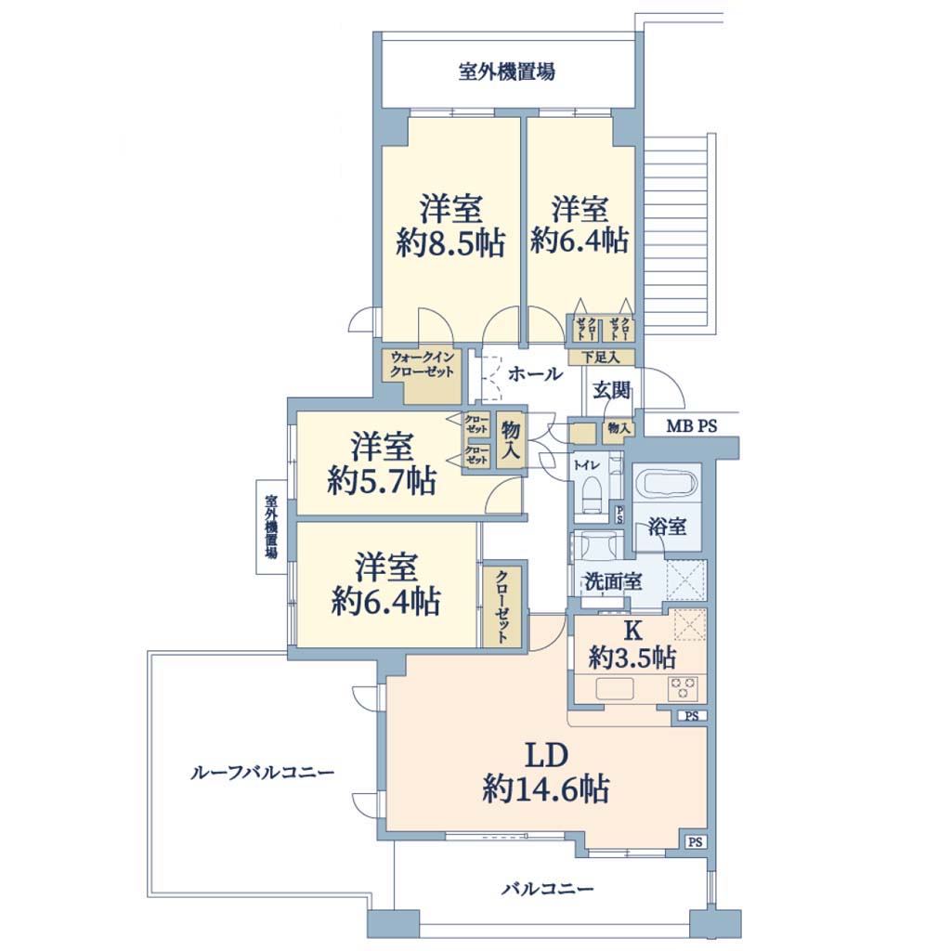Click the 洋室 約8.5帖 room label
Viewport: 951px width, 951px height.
450,226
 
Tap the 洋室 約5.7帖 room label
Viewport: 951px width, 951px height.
382,464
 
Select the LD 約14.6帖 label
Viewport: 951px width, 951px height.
546,773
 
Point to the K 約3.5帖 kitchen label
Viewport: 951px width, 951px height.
632,645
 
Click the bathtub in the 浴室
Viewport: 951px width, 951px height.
667,485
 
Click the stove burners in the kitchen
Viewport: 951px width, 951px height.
683,689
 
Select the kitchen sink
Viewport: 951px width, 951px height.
615,689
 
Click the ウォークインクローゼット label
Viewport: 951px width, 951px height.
423,364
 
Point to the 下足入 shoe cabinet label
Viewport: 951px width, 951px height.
601,358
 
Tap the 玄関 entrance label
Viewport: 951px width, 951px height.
611,390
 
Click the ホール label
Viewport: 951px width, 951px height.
535,374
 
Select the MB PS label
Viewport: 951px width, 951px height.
691,425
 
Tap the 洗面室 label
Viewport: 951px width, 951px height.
613,581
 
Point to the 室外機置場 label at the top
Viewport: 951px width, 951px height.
506,72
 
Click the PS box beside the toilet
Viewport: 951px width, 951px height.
619,515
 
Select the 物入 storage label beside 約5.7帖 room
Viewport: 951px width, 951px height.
512,439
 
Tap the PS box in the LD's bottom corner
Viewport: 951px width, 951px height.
696,841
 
